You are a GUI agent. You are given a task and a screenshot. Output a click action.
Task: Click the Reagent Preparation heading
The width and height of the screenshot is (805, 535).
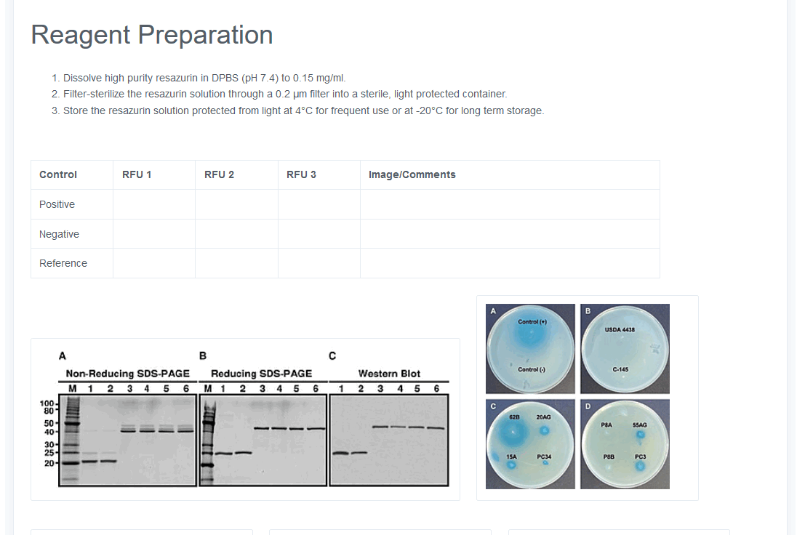tap(152, 35)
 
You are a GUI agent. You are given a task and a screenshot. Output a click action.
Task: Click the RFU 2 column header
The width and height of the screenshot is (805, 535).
tap(219, 174)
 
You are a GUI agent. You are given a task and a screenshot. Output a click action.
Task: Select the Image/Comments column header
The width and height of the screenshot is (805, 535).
tap(412, 174)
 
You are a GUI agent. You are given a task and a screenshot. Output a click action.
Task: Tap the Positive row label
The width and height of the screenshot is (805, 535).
tap(57, 204)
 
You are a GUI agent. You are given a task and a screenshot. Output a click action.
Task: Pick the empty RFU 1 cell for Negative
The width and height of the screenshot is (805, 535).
tap(154, 234)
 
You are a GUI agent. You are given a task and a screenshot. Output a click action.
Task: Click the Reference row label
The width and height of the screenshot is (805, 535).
tap(63, 263)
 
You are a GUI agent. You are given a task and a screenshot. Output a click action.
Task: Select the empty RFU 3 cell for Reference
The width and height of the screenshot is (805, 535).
tap(319, 263)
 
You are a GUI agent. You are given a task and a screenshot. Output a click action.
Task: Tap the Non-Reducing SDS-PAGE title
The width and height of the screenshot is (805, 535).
tap(128, 374)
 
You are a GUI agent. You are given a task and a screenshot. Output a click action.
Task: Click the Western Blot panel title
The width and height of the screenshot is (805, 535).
tap(389, 374)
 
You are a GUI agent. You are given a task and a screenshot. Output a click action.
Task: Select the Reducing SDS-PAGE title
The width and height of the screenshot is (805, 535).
tap(261, 374)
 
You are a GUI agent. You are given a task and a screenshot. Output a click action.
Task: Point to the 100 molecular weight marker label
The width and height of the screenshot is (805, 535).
tap(47, 403)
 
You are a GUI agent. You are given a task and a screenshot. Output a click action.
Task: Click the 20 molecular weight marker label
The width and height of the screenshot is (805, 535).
tap(49, 463)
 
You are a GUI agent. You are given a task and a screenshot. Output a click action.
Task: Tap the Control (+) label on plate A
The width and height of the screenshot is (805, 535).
tap(532, 321)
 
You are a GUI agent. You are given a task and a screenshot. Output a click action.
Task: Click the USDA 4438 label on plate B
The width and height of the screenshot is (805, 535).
tap(620, 329)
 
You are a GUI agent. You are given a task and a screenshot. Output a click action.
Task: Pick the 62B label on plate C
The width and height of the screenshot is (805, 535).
tap(514, 417)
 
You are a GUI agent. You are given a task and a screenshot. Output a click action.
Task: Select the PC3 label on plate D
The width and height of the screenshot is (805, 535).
tap(640, 456)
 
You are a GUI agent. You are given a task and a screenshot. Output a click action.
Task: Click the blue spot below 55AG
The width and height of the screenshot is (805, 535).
tap(640, 435)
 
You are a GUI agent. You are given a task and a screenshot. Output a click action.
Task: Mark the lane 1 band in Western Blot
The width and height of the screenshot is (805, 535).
tap(340, 453)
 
